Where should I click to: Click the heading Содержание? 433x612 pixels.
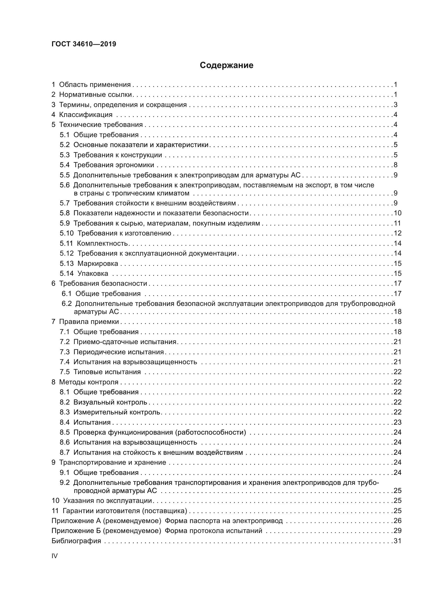pos(226,65)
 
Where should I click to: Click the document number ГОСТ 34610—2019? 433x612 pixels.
pos(84,44)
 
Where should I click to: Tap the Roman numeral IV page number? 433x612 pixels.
pos(54,556)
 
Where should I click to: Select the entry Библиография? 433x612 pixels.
pos(76,541)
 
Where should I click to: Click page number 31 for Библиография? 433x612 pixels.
pos(398,541)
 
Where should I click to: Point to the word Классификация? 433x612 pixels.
pos(86,115)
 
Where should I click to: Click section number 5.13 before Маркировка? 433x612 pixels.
pos(66,264)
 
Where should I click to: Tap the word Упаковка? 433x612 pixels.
pos(93,273)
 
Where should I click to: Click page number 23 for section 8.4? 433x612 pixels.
pos(398,422)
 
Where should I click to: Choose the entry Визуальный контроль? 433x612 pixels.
pos(110,402)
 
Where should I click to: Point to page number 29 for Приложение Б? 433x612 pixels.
pos(398,531)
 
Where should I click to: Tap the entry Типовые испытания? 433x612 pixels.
pos(107,372)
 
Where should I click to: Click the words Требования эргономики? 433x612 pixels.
pos(114,165)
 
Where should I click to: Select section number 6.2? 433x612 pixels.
pos(67,304)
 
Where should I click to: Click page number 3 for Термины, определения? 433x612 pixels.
pos(396,105)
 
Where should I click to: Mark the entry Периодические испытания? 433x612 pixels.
pos(118,352)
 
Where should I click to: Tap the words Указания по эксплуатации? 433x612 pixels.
pos(107,501)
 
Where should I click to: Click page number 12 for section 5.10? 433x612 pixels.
pos(398,233)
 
